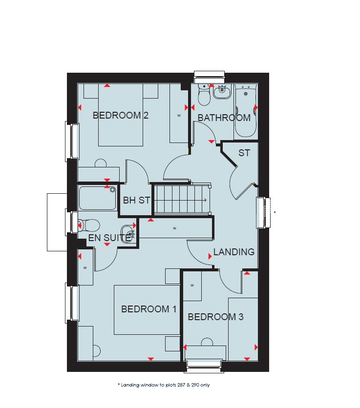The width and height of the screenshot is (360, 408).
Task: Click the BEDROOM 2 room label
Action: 120,115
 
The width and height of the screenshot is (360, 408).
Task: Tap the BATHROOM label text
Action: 224,118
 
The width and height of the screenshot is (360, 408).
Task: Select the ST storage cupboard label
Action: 244,153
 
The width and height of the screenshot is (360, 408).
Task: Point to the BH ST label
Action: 136,201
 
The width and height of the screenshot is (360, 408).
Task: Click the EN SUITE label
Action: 109,238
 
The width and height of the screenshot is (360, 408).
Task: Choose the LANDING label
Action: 234,252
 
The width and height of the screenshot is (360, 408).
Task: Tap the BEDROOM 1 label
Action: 149,309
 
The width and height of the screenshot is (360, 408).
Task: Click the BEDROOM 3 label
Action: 216,317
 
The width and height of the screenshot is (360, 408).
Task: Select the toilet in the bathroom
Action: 204,95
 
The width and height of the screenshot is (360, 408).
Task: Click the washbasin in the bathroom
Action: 222,92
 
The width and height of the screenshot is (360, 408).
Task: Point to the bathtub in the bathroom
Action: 246,111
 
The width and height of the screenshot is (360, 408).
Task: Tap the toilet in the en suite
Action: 89,225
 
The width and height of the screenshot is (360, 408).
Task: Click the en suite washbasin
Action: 128,233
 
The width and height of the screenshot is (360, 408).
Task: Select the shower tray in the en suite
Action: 97,198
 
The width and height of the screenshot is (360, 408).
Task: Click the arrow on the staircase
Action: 205,200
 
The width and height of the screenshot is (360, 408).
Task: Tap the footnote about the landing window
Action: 164,385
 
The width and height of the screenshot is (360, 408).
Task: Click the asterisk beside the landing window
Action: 275,213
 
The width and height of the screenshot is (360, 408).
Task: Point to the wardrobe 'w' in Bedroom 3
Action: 192,286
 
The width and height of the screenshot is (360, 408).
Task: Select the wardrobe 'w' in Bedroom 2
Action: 179,116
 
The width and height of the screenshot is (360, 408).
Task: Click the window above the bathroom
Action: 209,74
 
